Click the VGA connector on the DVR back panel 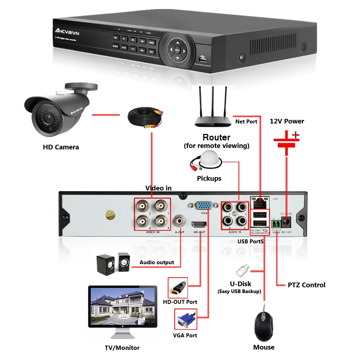pyautogui.click(x=204, y=206)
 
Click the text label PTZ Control pyautogui.click(x=306, y=285)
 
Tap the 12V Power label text pyautogui.click(x=287, y=121)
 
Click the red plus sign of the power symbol pyautogui.click(x=295, y=135)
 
